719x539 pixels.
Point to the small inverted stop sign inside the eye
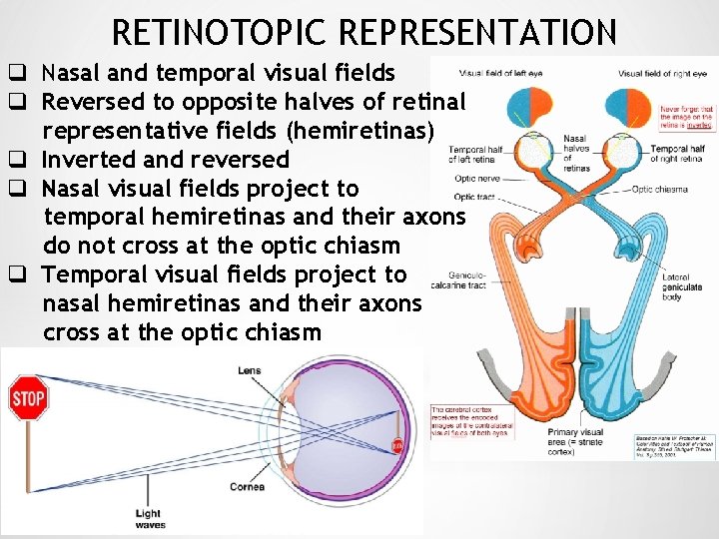pyautogui.click(x=396, y=446)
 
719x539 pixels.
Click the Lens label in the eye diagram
pyautogui.click(x=249, y=370)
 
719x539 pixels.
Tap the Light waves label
pyautogui.click(x=148, y=519)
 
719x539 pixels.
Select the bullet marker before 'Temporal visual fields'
pyautogui.click(x=17, y=274)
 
